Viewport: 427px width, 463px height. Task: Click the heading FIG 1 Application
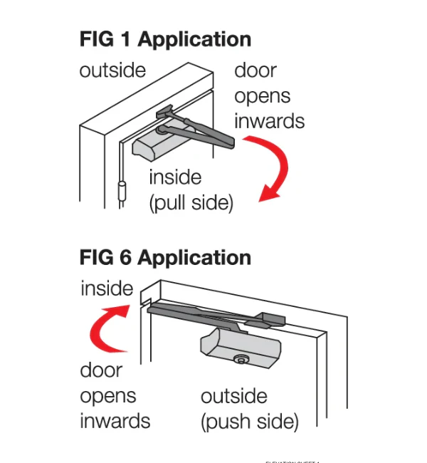[165, 40]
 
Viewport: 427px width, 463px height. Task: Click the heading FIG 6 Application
[165, 256]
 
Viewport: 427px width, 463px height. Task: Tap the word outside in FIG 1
[112, 71]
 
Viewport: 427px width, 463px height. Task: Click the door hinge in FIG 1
[122, 192]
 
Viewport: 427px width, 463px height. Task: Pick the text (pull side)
[191, 203]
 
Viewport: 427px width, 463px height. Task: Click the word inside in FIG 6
[107, 288]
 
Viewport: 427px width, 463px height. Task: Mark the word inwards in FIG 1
[269, 121]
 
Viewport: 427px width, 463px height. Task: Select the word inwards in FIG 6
[115, 421]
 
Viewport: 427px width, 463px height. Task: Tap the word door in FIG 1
[255, 71]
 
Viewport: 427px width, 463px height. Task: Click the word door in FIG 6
[100, 370]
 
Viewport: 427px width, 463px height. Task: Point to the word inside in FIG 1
[175, 177]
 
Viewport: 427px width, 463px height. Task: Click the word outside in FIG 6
[234, 396]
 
